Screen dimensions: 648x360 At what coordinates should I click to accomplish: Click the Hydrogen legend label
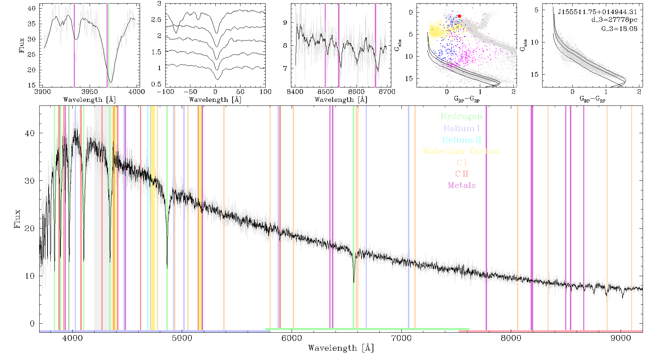[x=461, y=117]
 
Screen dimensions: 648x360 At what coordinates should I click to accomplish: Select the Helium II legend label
[x=461, y=140]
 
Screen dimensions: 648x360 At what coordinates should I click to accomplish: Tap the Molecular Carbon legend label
[x=462, y=151]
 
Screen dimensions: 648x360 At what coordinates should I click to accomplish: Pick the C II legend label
[x=462, y=174]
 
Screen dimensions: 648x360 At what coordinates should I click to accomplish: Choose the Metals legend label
[x=462, y=185]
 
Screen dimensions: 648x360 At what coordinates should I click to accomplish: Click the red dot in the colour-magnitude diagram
[x=459, y=16]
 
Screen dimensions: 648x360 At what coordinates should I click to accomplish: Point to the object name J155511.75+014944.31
[x=598, y=12]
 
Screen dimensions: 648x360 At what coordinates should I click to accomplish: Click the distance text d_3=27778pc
[x=614, y=20]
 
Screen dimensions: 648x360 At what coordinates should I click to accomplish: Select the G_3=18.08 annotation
[x=619, y=29]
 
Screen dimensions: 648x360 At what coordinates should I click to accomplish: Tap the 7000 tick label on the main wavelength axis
[x=401, y=338]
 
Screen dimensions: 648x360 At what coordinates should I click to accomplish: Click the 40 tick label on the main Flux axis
[x=30, y=133]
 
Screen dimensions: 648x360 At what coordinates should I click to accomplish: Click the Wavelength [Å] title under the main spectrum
[x=341, y=348]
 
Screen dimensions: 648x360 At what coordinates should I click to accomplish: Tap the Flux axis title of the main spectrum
[x=17, y=219]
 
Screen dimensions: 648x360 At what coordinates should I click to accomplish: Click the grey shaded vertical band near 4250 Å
[x=98, y=218]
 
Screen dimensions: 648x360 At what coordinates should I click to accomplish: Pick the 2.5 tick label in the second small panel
[x=156, y=20]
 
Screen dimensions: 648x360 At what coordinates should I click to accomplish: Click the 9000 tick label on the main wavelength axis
[x=621, y=338]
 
